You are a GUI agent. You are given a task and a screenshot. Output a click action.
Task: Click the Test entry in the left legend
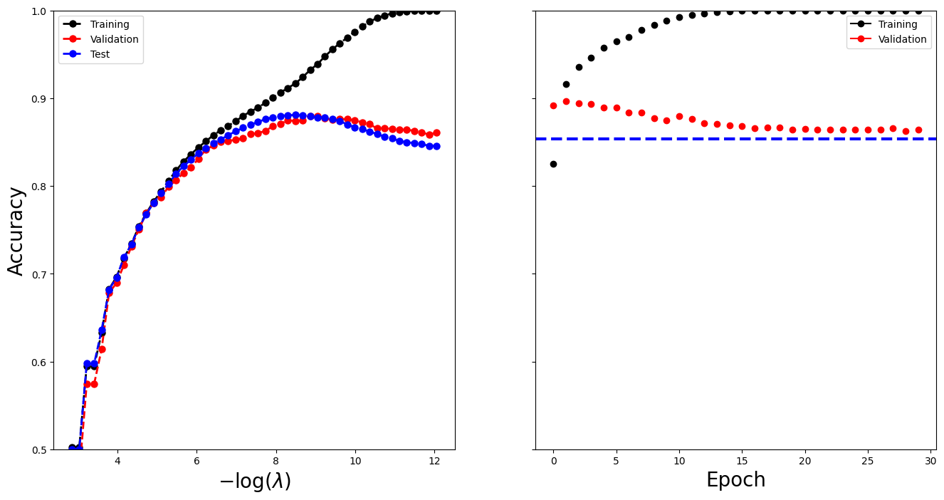point(100,54)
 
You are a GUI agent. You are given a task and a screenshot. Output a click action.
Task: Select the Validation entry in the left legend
point(109,39)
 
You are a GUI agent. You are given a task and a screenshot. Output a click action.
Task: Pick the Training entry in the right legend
point(897,24)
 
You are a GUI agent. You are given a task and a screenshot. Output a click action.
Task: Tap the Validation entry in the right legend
point(902,40)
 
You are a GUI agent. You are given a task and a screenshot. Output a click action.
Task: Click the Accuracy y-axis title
point(16,230)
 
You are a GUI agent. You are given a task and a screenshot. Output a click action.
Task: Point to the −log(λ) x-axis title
point(254,481)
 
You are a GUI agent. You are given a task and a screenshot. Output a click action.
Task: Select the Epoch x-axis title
point(735,480)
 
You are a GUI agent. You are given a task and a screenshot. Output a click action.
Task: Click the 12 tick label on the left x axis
point(435,461)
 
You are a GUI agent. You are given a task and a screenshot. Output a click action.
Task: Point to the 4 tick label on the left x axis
point(117,461)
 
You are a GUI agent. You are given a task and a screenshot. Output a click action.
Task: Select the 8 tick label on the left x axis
point(276,461)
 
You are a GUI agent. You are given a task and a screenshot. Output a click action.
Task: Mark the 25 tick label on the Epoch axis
point(868,461)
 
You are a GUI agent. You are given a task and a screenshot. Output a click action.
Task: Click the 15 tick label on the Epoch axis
point(742,461)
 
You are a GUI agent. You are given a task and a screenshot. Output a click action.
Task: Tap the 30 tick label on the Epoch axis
point(930,461)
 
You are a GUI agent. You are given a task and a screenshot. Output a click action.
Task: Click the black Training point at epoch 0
point(553,164)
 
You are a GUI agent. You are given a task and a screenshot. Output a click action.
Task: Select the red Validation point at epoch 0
point(553,105)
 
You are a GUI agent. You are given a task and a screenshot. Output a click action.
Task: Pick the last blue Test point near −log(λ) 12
point(436,146)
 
